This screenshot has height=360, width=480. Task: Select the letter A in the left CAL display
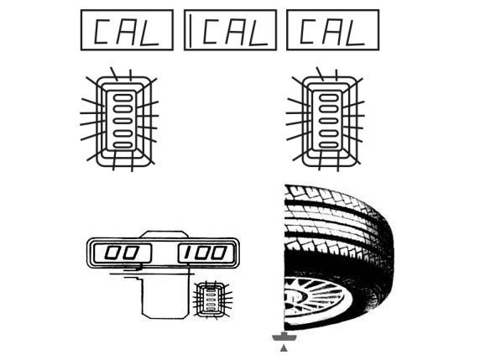coord(125,31)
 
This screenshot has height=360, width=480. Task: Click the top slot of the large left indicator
coord(123,97)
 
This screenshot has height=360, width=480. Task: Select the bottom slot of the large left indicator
coord(123,145)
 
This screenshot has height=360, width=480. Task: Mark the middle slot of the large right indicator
coord(328,121)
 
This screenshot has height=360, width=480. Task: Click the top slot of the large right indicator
coord(328,97)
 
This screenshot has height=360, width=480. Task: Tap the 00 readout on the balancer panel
coord(122,253)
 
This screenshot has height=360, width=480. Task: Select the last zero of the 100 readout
coord(219,253)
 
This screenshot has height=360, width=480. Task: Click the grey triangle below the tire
coord(284,348)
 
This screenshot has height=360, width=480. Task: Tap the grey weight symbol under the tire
coord(284,337)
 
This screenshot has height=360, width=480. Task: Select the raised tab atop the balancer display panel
coord(164,234)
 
